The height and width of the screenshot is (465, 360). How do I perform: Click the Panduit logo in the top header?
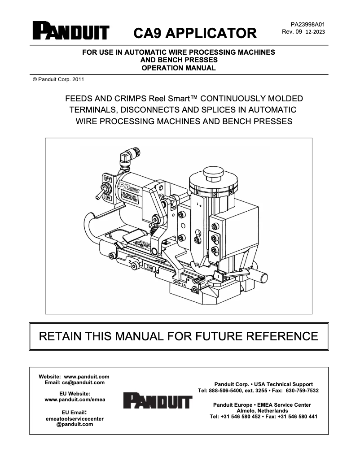pyautogui.click(x=70, y=31)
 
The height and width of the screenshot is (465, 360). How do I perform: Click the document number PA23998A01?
pyautogui.click(x=303, y=24)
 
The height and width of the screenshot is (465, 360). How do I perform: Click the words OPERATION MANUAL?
pyautogui.click(x=178, y=68)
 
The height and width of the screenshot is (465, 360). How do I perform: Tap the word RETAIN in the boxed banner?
pyautogui.click(x=60, y=336)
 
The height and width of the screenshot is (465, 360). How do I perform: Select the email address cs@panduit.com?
pyautogui.click(x=83, y=382)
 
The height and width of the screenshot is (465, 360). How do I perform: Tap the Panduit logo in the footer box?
pyautogui.click(x=158, y=400)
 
